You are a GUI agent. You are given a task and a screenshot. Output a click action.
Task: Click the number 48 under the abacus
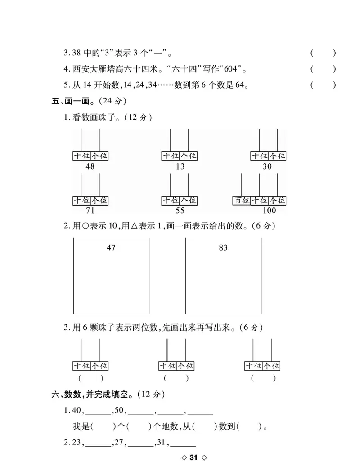pyautogui.click(x=90, y=166)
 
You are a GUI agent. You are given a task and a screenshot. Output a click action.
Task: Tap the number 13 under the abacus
pyautogui.click(x=180, y=166)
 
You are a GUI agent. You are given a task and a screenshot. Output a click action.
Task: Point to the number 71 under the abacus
pyautogui.click(x=90, y=211)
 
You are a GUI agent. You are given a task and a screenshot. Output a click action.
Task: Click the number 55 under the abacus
pyautogui.click(x=180, y=211)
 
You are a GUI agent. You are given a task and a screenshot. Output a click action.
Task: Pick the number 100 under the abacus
pyautogui.click(x=269, y=211)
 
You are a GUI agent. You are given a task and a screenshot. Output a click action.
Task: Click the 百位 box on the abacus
pyautogui.click(x=242, y=200)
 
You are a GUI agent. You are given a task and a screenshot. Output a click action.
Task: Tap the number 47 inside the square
pyautogui.click(x=111, y=248)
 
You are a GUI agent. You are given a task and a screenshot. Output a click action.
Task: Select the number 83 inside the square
pyautogui.click(x=223, y=248)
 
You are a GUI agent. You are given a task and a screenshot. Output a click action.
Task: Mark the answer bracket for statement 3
pyautogui.click(x=323, y=54)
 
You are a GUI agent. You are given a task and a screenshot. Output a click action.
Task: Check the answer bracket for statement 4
pyautogui.click(x=323, y=69)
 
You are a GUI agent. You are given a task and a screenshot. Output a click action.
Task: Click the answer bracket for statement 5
pyautogui.click(x=323, y=85)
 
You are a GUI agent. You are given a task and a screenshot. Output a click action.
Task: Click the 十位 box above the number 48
pyautogui.click(x=81, y=156)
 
